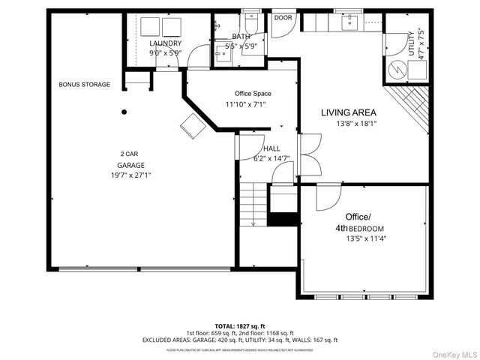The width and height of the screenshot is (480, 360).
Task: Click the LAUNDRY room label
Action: (166, 43)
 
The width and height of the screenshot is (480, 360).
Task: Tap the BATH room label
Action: (241, 36)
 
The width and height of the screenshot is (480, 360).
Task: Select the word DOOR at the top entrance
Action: (283, 17)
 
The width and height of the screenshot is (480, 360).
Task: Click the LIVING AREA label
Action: (349, 112)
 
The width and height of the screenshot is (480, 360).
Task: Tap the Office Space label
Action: (247, 94)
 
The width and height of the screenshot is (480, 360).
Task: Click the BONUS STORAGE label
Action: (85, 85)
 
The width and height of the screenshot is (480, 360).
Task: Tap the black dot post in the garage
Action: (124, 112)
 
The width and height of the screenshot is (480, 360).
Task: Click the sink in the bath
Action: (222, 52)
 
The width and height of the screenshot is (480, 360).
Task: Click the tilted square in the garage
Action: (192, 126)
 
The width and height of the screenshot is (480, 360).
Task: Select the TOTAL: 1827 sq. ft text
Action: (240, 326)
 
